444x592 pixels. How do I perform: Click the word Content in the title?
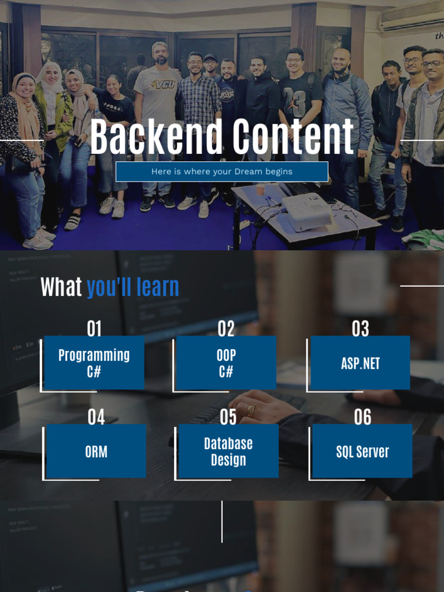click(290, 137)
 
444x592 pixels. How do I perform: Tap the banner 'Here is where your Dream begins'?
click(221, 172)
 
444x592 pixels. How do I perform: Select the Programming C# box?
click(94, 362)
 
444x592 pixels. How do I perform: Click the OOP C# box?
click(226, 362)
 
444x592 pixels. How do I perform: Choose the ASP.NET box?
click(360, 363)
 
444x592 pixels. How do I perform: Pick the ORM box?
click(96, 452)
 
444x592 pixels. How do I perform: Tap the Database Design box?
click(228, 452)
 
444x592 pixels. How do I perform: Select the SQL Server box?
click(362, 452)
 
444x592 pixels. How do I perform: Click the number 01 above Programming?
click(94, 329)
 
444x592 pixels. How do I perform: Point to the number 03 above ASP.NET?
click(360, 329)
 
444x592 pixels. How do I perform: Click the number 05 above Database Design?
click(228, 417)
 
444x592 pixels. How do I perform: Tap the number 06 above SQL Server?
click(362, 417)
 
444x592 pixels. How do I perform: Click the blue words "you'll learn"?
click(133, 287)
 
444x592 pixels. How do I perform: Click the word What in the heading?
click(61, 287)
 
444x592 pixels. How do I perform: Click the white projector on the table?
click(306, 210)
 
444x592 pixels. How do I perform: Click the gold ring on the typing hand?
click(251, 410)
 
